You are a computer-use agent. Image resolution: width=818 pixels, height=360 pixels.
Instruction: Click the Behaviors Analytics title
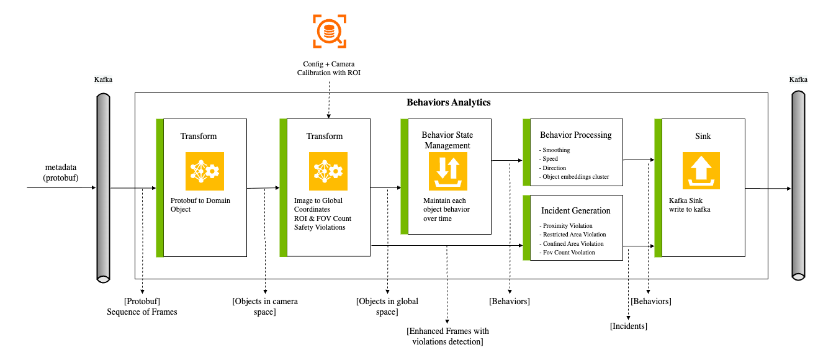pos(448,102)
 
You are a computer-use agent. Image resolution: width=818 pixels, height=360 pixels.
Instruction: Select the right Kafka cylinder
pos(798,185)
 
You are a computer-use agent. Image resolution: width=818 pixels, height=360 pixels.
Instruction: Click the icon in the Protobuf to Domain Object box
pos(204,171)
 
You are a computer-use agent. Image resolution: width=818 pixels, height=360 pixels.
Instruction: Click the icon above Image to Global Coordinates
pos(328,171)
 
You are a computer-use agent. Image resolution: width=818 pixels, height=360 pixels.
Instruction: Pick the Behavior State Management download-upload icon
pos(448,171)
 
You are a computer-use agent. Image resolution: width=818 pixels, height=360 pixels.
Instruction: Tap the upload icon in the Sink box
pos(702,171)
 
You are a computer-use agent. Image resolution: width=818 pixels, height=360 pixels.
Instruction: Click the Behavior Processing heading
pos(575,135)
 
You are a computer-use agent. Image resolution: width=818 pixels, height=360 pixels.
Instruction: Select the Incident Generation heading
pos(575,210)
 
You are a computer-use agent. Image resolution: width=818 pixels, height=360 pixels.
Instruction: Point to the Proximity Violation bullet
pos(567,225)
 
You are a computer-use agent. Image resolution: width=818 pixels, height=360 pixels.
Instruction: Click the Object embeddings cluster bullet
pos(575,177)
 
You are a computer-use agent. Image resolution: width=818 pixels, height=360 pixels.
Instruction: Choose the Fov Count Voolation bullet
pos(568,252)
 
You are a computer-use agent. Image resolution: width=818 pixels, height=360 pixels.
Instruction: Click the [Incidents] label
pos(629,326)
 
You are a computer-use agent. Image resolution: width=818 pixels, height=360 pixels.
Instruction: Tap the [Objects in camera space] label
pos(265,307)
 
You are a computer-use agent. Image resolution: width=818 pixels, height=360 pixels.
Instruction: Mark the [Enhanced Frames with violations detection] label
pos(447,336)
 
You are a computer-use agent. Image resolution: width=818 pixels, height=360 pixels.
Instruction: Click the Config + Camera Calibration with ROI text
pos(329,68)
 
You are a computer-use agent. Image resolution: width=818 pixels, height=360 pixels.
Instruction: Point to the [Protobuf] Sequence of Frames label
pos(142,307)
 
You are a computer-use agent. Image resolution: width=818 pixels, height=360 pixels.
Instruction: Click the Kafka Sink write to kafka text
pos(691,205)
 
